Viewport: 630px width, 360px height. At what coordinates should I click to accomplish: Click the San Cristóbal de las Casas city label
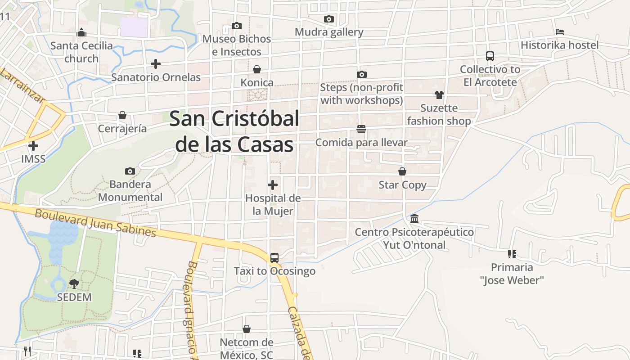click(x=234, y=131)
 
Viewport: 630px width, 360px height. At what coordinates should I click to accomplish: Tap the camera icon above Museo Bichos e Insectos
click(x=237, y=26)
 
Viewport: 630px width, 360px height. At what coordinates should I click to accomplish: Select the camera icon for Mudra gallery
click(x=329, y=19)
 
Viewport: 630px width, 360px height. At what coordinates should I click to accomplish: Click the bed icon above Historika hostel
click(x=560, y=32)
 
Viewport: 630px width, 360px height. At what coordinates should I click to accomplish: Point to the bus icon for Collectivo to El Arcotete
click(x=490, y=56)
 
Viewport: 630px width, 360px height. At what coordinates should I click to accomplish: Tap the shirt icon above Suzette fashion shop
click(x=439, y=94)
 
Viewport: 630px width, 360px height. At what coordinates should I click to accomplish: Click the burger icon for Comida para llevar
click(x=361, y=129)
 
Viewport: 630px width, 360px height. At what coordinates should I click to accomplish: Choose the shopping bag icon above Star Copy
click(x=402, y=171)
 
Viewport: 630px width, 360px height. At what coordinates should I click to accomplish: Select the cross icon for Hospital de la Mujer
click(x=273, y=184)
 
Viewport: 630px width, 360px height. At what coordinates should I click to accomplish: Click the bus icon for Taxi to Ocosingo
click(x=274, y=258)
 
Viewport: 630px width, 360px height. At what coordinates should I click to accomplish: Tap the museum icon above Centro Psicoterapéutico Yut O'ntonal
click(x=414, y=219)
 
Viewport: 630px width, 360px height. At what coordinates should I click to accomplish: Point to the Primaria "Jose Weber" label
click(x=512, y=274)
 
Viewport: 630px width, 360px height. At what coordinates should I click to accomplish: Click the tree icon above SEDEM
click(x=74, y=283)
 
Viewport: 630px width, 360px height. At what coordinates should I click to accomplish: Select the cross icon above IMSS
click(x=33, y=145)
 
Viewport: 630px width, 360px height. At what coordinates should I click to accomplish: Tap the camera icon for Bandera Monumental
click(x=130, y=171)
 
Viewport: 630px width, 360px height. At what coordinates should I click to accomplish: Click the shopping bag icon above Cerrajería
click(x=122, y=115)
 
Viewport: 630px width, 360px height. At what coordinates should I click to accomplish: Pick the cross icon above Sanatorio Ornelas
click(x=156, y=64)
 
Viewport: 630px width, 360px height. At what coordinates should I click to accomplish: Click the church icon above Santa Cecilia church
click(x=81, y=32)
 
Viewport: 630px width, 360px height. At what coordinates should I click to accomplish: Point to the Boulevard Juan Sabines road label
click(x=95, y=223)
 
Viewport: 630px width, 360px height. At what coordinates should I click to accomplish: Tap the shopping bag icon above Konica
click(x=257, y=69)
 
